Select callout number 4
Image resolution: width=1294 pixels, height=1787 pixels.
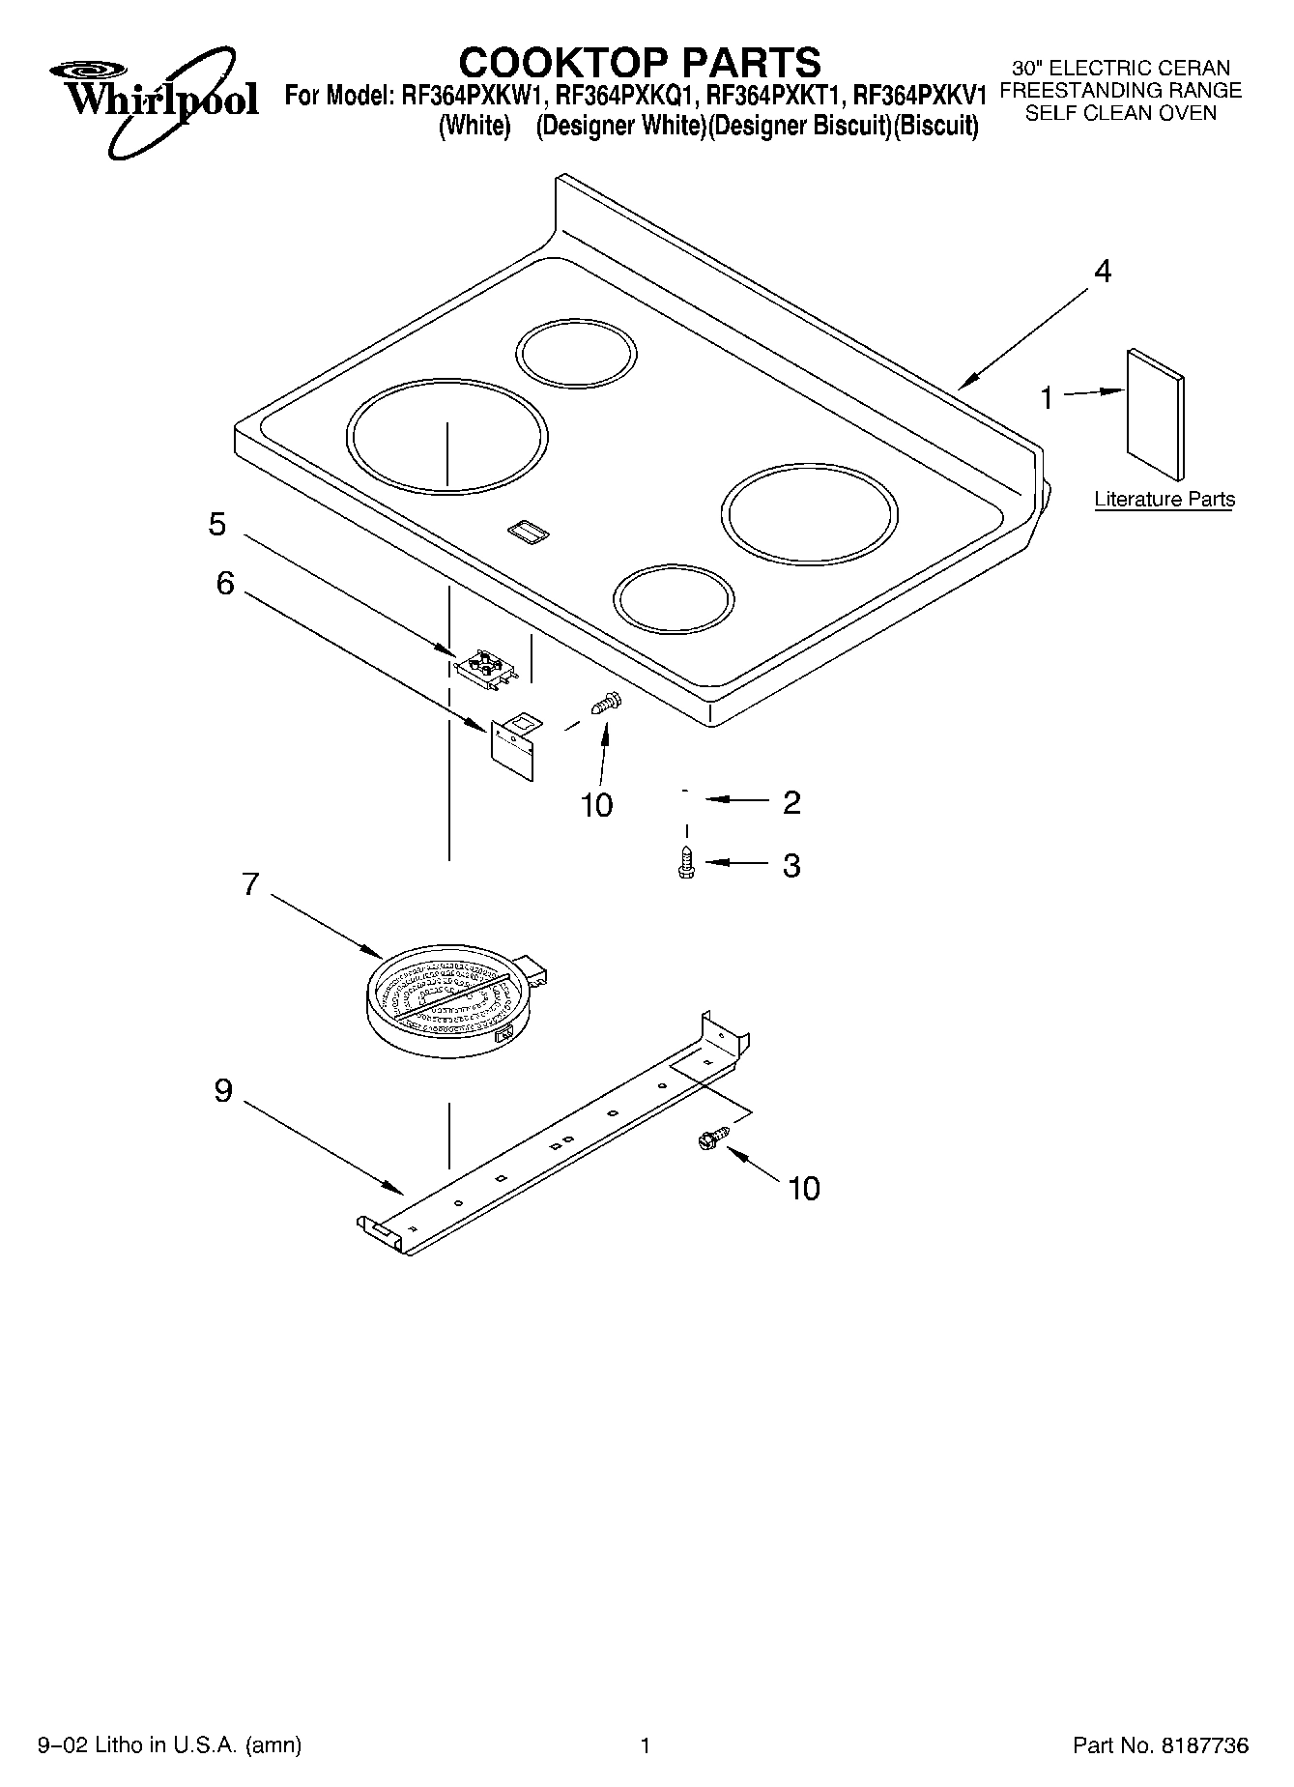(1102, 272)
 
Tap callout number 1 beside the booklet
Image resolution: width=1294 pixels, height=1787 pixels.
(1046, 397)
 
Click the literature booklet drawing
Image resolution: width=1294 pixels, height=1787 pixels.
(1155, 415)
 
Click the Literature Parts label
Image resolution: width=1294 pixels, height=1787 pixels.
(1164, 500)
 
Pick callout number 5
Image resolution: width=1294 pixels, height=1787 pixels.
(217, 525)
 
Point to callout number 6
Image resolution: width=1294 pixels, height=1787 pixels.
(224, 584)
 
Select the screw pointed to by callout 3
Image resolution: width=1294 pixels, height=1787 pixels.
(686, 862)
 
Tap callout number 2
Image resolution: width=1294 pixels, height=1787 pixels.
(791, 802)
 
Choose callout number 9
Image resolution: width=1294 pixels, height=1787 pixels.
(223, 1091)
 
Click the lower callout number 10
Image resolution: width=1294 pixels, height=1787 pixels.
(804, 1188)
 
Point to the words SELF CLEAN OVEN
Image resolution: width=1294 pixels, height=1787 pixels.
(1120, 113)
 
